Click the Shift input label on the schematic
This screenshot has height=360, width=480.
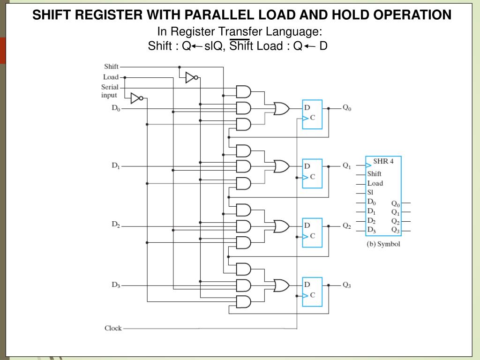(x=111, y=67)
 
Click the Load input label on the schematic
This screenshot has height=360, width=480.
(x=111, y=77)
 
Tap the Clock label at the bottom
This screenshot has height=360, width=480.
(x=113, y=328)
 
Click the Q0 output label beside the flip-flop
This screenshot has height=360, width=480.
(x=347, y=107)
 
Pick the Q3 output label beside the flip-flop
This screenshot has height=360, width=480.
(x=347, y=285)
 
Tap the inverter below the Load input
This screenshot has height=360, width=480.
(x=136, y=98)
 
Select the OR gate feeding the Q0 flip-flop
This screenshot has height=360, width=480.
(x=281, y=108)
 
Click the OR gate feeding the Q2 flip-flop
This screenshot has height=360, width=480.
(x=281, y=226)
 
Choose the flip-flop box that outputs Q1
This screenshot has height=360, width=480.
(x=312, y=173)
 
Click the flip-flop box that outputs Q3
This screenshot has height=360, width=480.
(x=312, y=292)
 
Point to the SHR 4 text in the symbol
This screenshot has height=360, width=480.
(x=383, y=161)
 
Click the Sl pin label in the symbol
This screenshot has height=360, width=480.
(x=371, y=193)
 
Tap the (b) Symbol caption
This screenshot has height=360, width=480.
(x=383, y=244)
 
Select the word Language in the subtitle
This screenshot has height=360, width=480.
(x=299, y=32)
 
